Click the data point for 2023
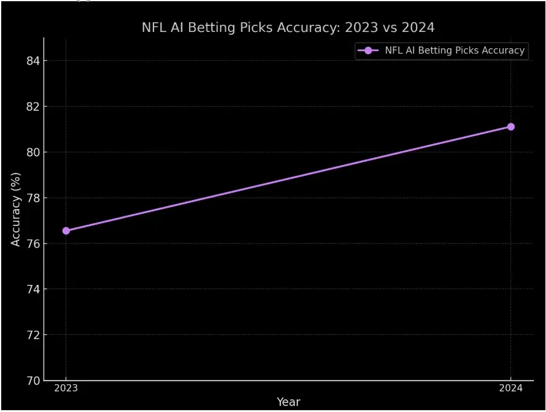(66, 231)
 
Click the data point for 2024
(510, 126)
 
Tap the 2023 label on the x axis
(66, 389)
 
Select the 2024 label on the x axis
(510, 389)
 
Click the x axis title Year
(288, 402)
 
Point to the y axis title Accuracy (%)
(16, 209)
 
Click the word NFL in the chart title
(153, 28)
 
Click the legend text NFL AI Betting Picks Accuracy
(454, 51)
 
